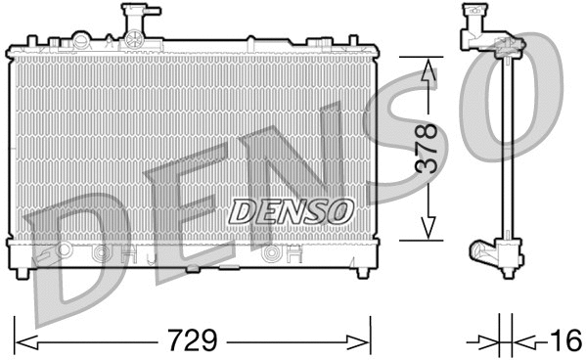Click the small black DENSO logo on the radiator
(291, 209)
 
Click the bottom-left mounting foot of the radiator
(25, 267)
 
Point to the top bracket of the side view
(484, 35)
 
